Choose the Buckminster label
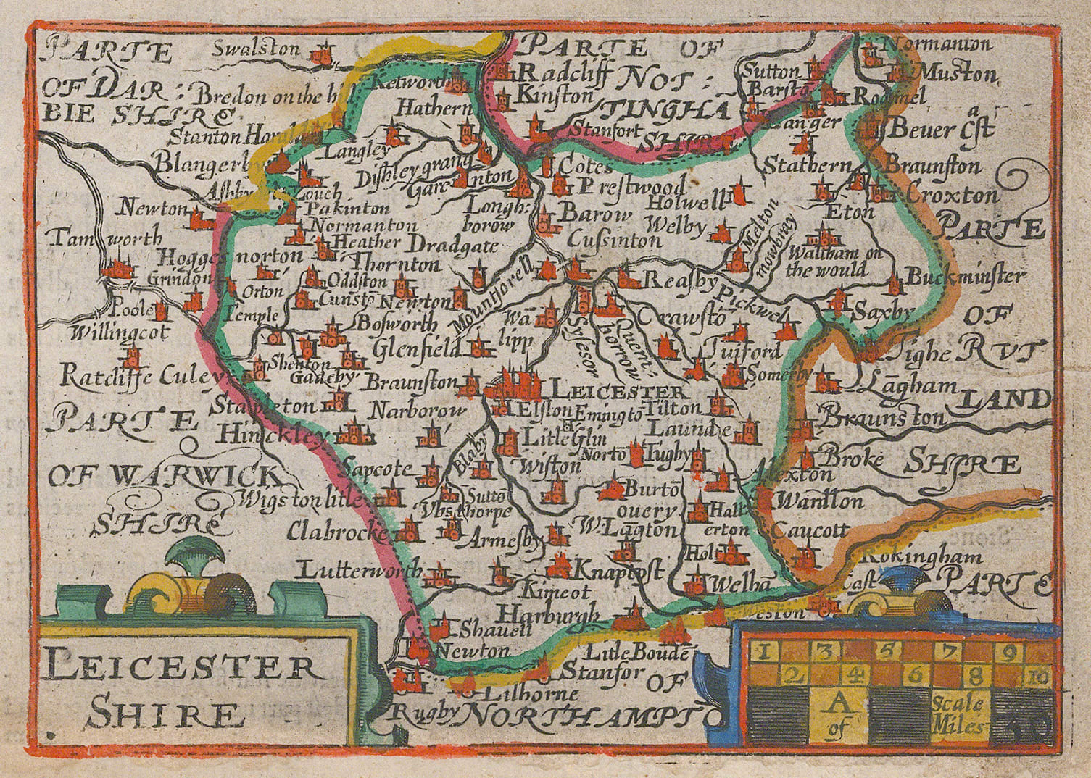(966, 276)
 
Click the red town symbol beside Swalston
(320, 54)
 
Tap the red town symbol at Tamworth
(117, 270)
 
